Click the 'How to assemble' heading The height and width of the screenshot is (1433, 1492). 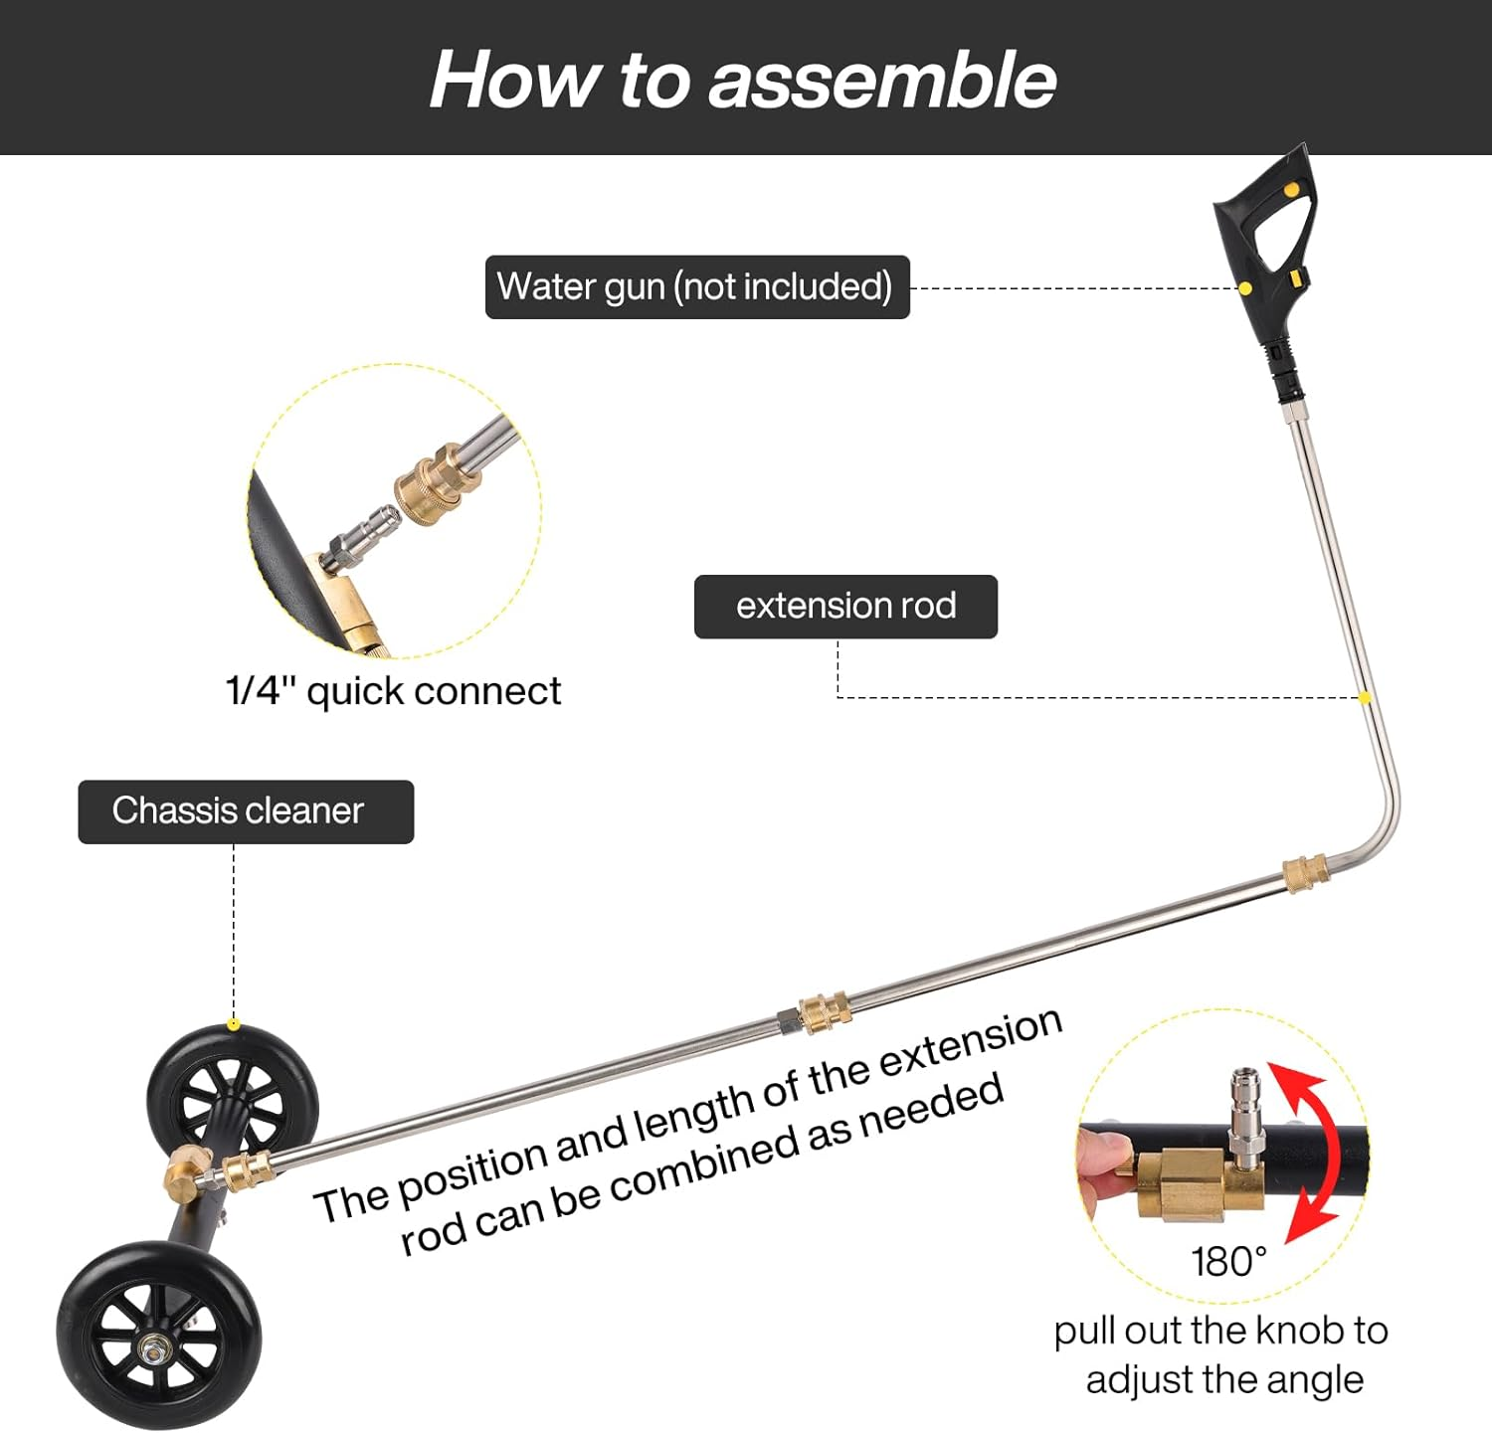[x=743, y=80]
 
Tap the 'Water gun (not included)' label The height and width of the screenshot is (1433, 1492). [x=696, y=287]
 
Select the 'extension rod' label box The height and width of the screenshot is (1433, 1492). [x=845, y=607]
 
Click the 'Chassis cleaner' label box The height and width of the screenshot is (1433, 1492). [x=245, y=811]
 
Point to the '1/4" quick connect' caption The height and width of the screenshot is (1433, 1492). [x=393, y=691]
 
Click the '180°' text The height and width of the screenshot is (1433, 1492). [x=1228, y=1262]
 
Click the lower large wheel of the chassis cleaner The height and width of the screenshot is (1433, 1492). [x=159, y=1336]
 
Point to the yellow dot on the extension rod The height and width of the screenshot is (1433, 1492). [x=1365, y=698]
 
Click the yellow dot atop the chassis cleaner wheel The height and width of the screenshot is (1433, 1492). [x=233, y=1024]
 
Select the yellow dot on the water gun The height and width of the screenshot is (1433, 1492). [x=1244, y=288]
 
